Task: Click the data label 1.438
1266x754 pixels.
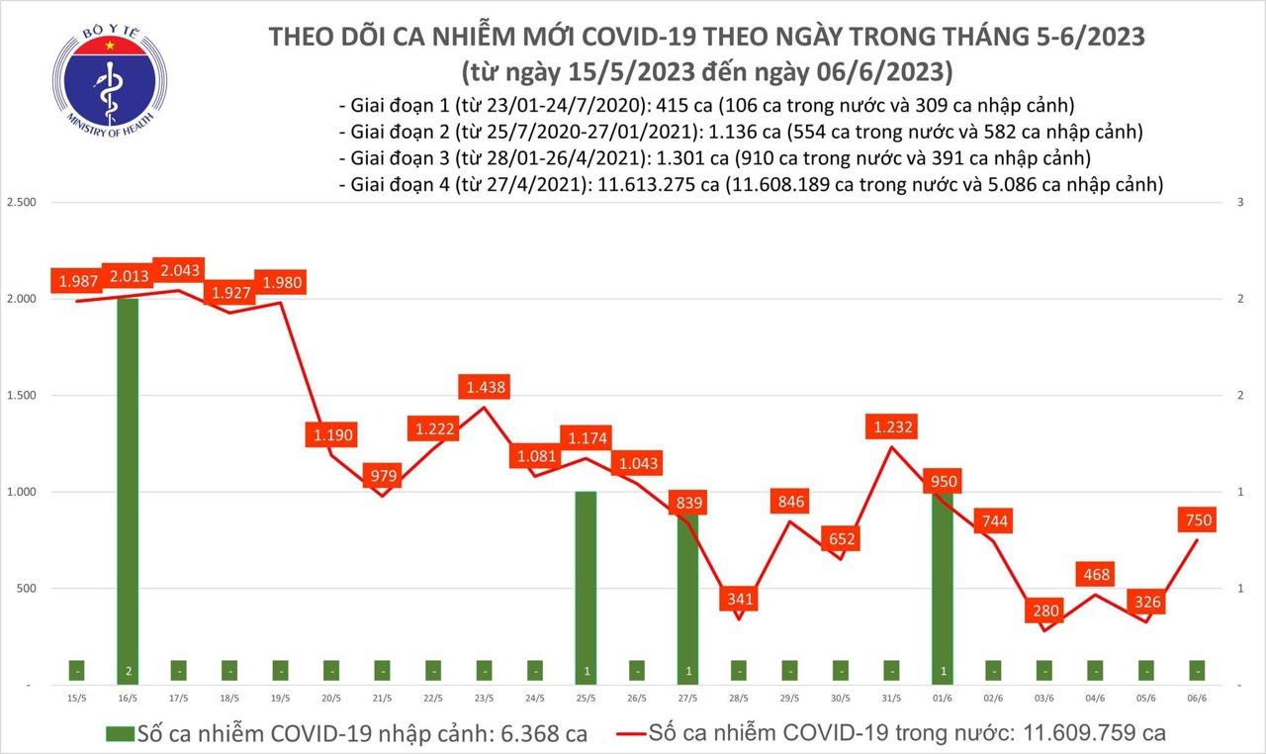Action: pos(484,388)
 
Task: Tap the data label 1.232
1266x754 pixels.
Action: pos(892,427)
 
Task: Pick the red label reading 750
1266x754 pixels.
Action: pos(1197,519)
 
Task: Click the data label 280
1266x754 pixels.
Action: pos(1043,610)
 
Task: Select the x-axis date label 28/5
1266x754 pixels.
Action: pos(739,698)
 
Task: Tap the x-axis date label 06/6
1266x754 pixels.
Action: pos(1198,698)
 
